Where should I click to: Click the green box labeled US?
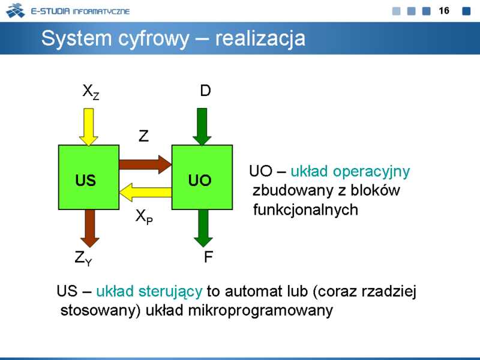89,177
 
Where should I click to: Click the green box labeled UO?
202,177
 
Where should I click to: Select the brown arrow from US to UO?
145,164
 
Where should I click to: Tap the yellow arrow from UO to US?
145,192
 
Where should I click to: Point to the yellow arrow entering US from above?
88,127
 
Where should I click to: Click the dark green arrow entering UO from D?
202,127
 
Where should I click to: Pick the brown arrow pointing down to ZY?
89,229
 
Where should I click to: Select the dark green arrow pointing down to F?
203,229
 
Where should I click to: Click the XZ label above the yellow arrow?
91,92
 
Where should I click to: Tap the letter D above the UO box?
205,91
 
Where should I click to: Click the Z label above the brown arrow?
143,136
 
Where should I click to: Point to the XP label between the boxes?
144,217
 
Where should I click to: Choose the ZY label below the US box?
83,258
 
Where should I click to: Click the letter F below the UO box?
208,257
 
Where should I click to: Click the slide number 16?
444,11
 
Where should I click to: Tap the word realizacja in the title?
260,38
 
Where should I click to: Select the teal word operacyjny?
371,172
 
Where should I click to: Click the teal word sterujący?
170,292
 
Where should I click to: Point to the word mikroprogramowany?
260,311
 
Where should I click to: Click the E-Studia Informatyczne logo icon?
16,11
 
